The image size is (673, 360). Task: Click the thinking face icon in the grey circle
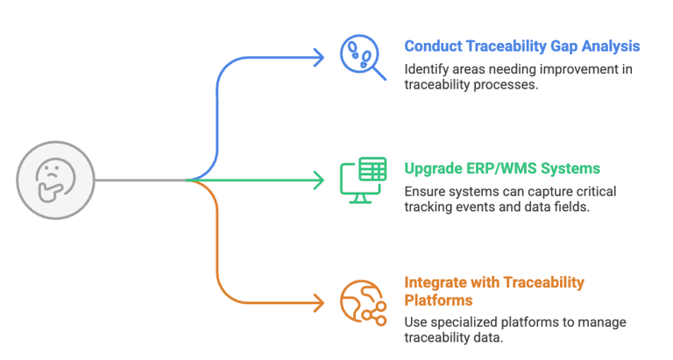(x=56, y=180)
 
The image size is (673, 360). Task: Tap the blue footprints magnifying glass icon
(x=362, y=56)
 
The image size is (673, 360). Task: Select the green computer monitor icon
(x=362, y=180)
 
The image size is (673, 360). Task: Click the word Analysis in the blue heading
(x=612, y=46)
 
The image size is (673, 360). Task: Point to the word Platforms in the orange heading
(x=437, y=300)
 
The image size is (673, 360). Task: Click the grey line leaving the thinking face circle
(x=140, y=180)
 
